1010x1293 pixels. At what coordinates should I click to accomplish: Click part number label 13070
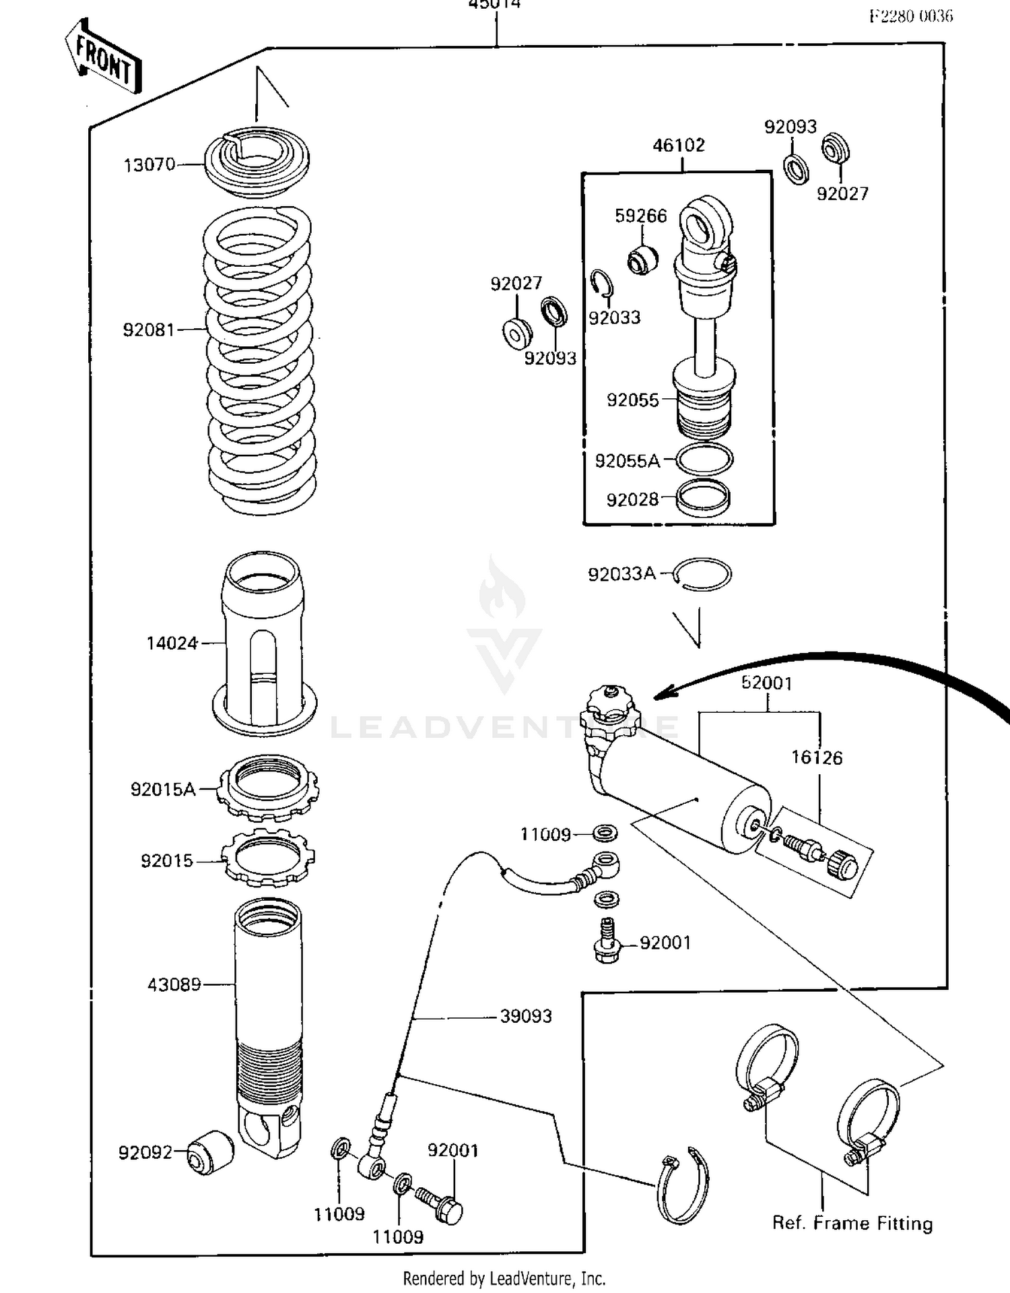coord(149,165)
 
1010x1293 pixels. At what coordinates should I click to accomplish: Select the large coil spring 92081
coord(260,360)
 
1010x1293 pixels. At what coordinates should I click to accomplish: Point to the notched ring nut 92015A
coord(268,787)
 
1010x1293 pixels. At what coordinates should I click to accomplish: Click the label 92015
coord(166,861)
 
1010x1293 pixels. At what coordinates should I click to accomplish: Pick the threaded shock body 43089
coord(268,1011)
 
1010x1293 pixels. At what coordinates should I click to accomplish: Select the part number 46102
coord(679,146)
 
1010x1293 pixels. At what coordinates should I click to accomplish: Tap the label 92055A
coord(628,462)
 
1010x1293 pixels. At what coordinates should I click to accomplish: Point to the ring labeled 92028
coord(703,499)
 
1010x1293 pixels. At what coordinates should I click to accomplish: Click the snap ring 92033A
coord(703,575)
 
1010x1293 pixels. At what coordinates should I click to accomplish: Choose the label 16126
coord(816,758)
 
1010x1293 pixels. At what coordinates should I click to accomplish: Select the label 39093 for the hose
coord(526,1016)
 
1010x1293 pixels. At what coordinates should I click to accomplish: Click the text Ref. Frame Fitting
coord(852,1223)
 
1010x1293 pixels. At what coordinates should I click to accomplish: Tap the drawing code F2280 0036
coord(910,17)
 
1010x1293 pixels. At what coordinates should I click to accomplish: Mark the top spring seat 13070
coord(257,162)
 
